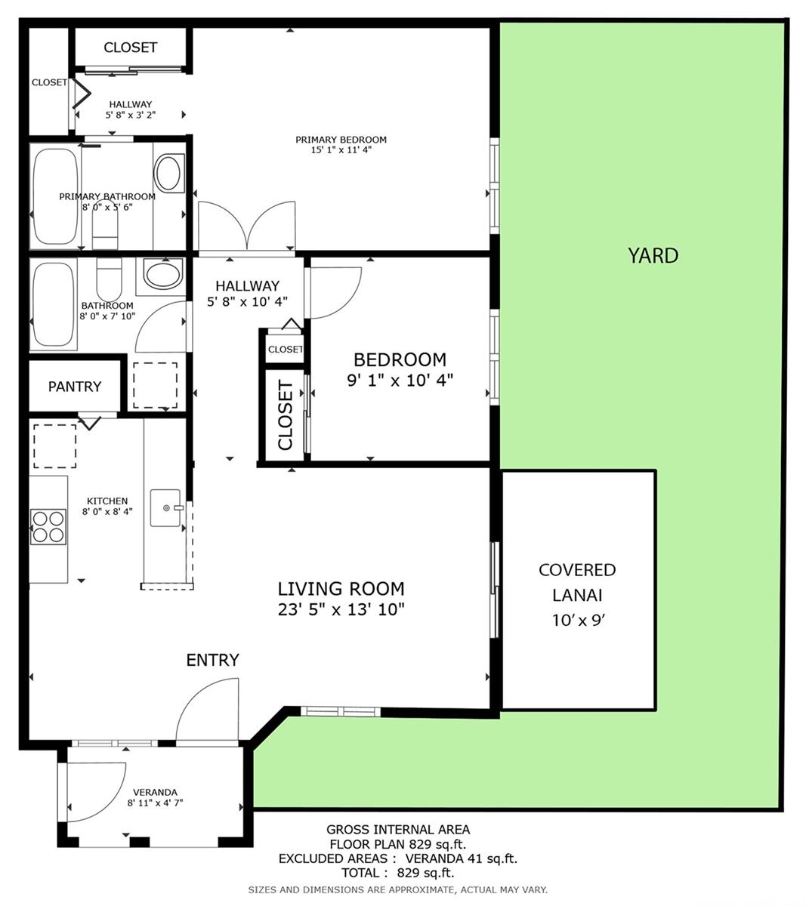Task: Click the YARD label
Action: coord(653,256)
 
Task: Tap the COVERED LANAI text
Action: coord(577,582)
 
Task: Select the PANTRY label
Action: coord(75,387)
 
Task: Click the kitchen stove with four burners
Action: coord(48,527)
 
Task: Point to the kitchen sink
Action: coord(165,507)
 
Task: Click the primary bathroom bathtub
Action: coord(55,196)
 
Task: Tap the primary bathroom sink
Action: coord(169,173)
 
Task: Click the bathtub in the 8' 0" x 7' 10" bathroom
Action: coord(54,304)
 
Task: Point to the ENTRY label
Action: coord(212,660)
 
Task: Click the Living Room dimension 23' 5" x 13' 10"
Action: coord(341,609)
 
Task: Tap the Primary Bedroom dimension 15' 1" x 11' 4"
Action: coord(341,149)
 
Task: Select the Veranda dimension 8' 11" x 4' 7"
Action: coord(156,803)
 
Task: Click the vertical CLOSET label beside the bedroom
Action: coord(286,415)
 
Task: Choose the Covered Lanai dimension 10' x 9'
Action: coord(578,621)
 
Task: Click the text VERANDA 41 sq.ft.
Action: coord(461,858)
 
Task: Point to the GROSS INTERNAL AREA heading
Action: coord(398,830)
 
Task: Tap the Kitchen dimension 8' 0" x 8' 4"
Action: coord(107,511)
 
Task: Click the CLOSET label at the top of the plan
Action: coord(130,48)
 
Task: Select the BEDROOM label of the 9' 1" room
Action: coord(400,359)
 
